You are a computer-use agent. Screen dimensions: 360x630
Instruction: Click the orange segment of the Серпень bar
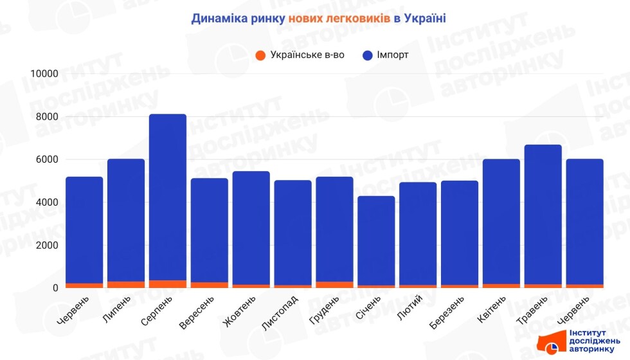point(167,284)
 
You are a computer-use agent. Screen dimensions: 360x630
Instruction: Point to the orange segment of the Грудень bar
point(334,285)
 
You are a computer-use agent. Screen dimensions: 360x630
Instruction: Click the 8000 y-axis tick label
point(47,117)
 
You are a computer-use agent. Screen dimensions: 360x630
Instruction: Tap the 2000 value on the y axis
point(47,246)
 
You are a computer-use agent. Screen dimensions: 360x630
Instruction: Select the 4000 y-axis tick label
point(47,203)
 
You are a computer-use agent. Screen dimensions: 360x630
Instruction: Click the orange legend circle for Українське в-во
point(260,55)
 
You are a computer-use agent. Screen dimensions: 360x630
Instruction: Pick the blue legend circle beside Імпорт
point(368,55)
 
